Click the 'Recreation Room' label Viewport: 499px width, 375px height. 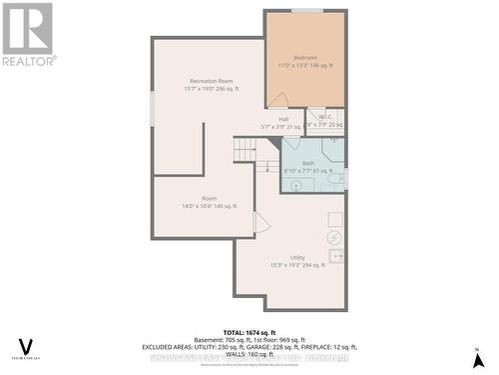[211, 80]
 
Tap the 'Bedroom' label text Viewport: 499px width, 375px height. [305, 58]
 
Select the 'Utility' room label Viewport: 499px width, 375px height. [297, 257]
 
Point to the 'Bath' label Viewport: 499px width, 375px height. [308, 162]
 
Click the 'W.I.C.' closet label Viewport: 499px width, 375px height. [325, 117]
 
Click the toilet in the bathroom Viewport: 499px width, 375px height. [336, 178]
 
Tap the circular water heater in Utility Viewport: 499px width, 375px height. [334, 238]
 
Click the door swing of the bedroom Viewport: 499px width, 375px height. [278, 100]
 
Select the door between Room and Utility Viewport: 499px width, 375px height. [261, 223]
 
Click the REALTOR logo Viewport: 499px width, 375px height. [28, 33]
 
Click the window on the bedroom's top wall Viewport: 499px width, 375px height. [306, 10]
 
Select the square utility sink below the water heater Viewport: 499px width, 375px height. [336, 257]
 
